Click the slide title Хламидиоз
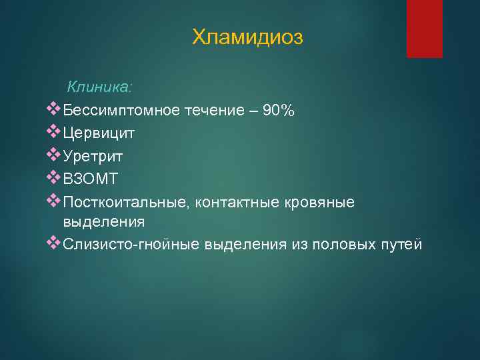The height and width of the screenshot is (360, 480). (x=247, y=37)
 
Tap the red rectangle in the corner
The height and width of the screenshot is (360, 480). (x=425, y=29)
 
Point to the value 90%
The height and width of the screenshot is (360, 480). (x=279, y=110)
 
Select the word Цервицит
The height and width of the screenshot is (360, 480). (x=99, y=133)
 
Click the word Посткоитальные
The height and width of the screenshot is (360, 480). (x=125, y=201)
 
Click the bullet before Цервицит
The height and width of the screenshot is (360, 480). (x=55, y=133)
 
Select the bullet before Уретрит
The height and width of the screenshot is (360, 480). (x=55, y=155)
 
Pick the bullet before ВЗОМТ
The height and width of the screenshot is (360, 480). (x=55, y=178)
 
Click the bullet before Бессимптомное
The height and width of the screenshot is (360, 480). (x=55, y=109)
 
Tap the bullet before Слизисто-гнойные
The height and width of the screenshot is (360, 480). (x=55, y=243)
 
